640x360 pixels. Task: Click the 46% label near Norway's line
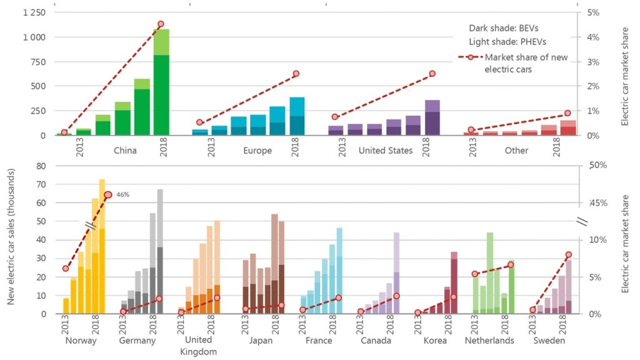click(122, 194)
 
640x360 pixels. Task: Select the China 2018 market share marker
click(161, 24)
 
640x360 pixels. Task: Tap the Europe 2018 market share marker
click(296, 74)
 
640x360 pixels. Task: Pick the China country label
click(125, 151)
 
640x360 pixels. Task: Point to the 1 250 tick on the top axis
click(32, 12)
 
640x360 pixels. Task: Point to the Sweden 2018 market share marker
click(568, 255)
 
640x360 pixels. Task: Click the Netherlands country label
click(489, 341)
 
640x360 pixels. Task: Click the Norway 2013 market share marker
click(66, 269)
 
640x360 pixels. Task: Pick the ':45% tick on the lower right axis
click(598, 202)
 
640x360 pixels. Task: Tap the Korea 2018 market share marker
click(454, 297)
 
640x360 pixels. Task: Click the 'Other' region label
click(517, 151)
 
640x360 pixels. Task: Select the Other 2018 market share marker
click(567, 113)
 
